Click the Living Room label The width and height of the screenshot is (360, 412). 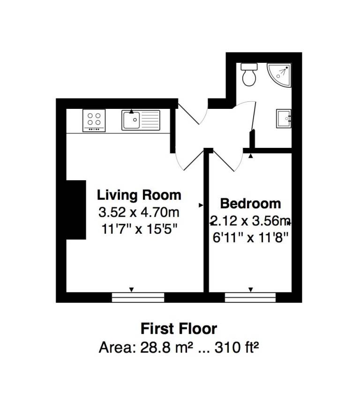pyautogui.click(x=139, y=194)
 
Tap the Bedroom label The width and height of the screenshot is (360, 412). pyautogui.click(x=251, y=204)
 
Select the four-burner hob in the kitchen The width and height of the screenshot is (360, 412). pyautogui.click(x=94, y=120)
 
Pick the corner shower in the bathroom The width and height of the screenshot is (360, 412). pyautogui.click(x=280, y=74)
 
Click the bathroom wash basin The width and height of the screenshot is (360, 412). pyautogui.click(x=284, y=118)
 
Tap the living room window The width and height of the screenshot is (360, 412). pyautogui.click(x=138, y=297)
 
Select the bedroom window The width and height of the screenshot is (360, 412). pyautogui.click(x=250, y=297)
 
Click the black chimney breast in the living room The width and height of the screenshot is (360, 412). pyautogui.click(x=75, y=210)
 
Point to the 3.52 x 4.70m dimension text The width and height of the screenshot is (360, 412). pyautogui.click(x=139, y=213)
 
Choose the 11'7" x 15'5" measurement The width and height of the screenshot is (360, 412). pyautogui.click(x=139, y=230)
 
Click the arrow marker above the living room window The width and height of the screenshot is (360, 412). pyautogui.click(x=132, y=290)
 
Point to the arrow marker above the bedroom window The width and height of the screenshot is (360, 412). pyautogui.click(x=251, y=290)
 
